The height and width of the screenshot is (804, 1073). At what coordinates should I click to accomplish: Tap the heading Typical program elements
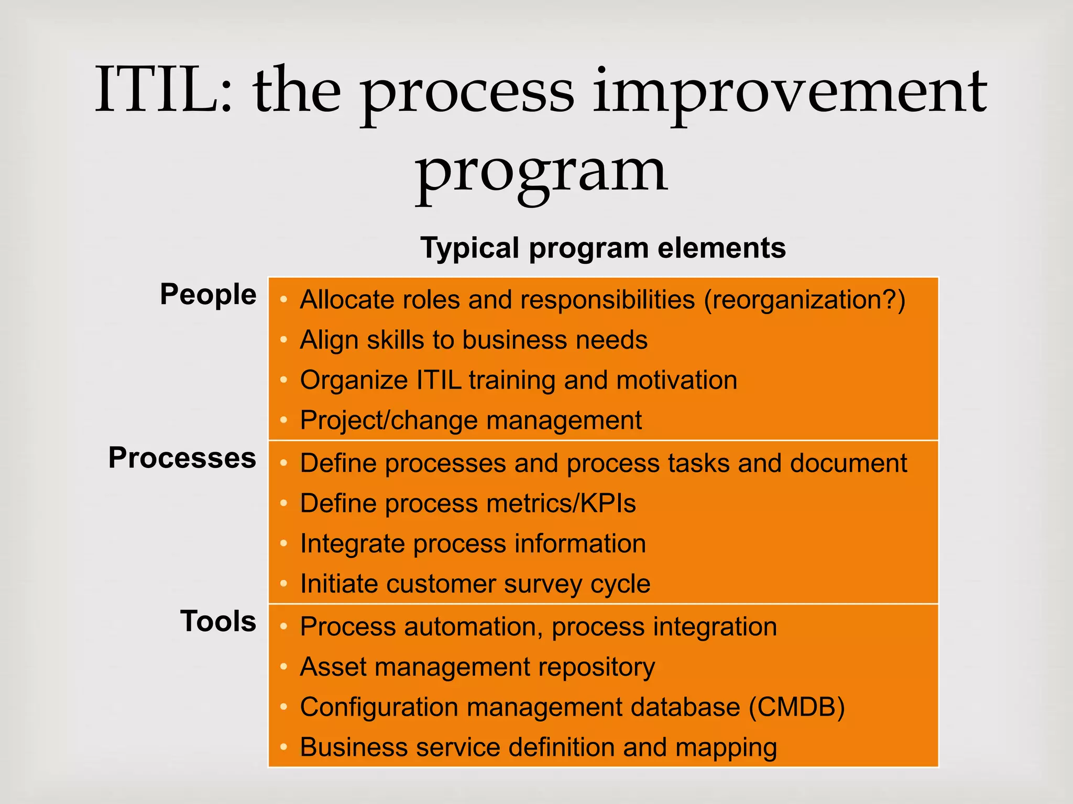(603, 248)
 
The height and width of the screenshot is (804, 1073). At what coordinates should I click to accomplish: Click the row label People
(208, 294)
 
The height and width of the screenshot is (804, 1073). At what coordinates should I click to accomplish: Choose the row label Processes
(182, 458)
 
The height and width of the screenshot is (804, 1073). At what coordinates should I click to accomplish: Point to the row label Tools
(218, 621)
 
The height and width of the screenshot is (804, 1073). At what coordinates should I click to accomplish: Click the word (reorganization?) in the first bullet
(804, 300)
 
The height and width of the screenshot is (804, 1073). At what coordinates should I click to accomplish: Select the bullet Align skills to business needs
(473, 340)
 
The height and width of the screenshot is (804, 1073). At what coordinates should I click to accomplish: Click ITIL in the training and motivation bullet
(439, 380)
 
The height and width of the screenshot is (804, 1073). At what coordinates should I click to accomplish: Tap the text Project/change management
(470, 420)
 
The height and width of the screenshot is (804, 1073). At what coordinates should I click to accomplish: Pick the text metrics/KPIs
(561, 504)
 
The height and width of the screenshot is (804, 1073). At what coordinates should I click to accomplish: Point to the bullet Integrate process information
(473, 544)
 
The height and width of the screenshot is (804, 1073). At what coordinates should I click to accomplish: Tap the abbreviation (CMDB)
(796, 707)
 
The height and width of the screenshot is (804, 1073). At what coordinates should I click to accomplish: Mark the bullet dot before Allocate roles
(283, 300)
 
